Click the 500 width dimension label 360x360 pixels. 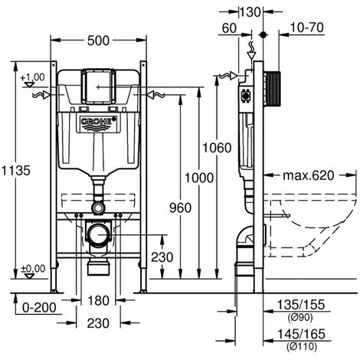(x=98, y=41)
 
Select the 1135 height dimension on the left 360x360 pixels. (x=16, y=170)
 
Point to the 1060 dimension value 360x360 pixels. (x=217, y=148)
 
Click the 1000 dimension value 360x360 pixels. (x=199, y=178)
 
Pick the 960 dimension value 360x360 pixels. (x=180, y=208)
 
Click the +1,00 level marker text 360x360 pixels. (x=32, y=77)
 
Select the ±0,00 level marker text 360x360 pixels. (x=33, y=269)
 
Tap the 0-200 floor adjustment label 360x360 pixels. (x=39, y=308)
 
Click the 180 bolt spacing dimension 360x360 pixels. (x=98, y=300)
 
